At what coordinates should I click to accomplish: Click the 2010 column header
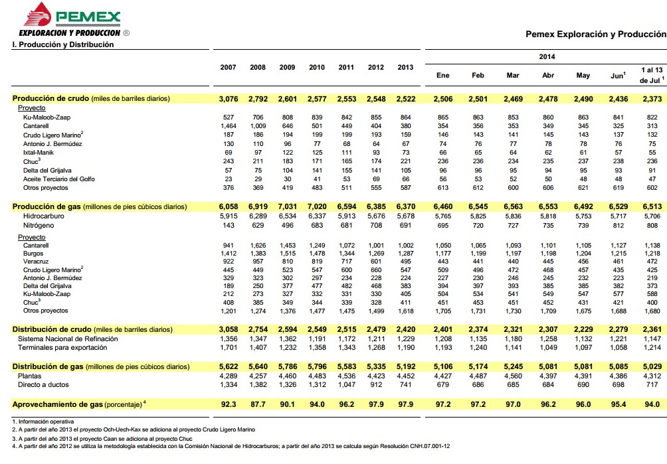pyautogui.click(x=317, y=68)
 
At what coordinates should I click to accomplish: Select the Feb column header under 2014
pyautogui.click(x=478, y=76)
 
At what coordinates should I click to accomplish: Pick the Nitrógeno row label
pyautogui.click(x=39, y=226)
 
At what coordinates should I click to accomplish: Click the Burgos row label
pyautogui.click(x=34, y=254)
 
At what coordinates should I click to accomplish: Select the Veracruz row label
pyautogui.click(x=37, y=262)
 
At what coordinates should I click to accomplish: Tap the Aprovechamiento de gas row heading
pyautogui.click(x=77, y=403)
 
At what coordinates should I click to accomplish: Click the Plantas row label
pyautogui.click(x=31, y=376)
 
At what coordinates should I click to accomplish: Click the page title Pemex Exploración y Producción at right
pyautogui.click(x=595, y=33)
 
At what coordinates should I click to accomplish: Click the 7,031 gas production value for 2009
pyautogui.click(x=287, y=207)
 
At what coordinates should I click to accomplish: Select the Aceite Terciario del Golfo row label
pyautogui.click(x=59, y=179)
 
